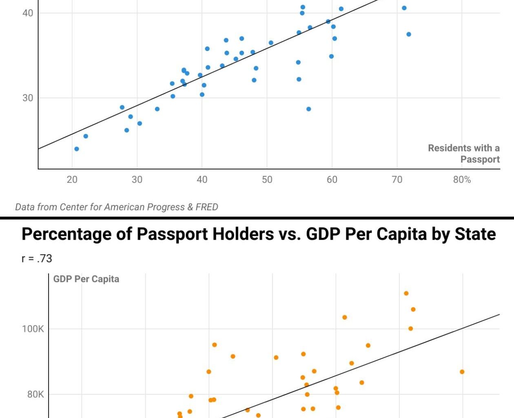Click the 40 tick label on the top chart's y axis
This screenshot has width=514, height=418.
(x=28, y=13)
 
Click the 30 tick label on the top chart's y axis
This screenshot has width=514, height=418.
(x=28, y=98)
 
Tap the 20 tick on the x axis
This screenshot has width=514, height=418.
(x=72, y=180)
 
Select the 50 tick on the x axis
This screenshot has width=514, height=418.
(x=267, y=180)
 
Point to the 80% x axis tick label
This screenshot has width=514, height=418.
(x=462, y=180)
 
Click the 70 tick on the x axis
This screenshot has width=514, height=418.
(x=397, y=180)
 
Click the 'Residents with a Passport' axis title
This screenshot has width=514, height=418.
(x=464, y=153)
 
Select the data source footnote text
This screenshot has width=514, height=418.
(x=117, y=207)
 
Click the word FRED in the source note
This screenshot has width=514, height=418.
(x=207, y=207)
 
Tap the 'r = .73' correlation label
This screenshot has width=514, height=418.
(x=37, y=258)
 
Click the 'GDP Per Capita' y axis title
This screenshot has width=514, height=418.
(x=86, y=279)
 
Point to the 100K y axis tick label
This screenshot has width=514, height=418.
(x=33, y=329)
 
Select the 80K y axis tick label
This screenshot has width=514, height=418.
(x=35, y=394)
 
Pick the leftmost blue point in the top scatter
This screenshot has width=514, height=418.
(x=77, y=149)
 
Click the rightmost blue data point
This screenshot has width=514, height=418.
(x=409, y=34)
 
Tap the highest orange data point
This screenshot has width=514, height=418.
(x=406, y=293)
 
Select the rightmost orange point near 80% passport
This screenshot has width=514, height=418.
(x=462, y=372)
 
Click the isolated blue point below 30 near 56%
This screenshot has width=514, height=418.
(x=309, y=109)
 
